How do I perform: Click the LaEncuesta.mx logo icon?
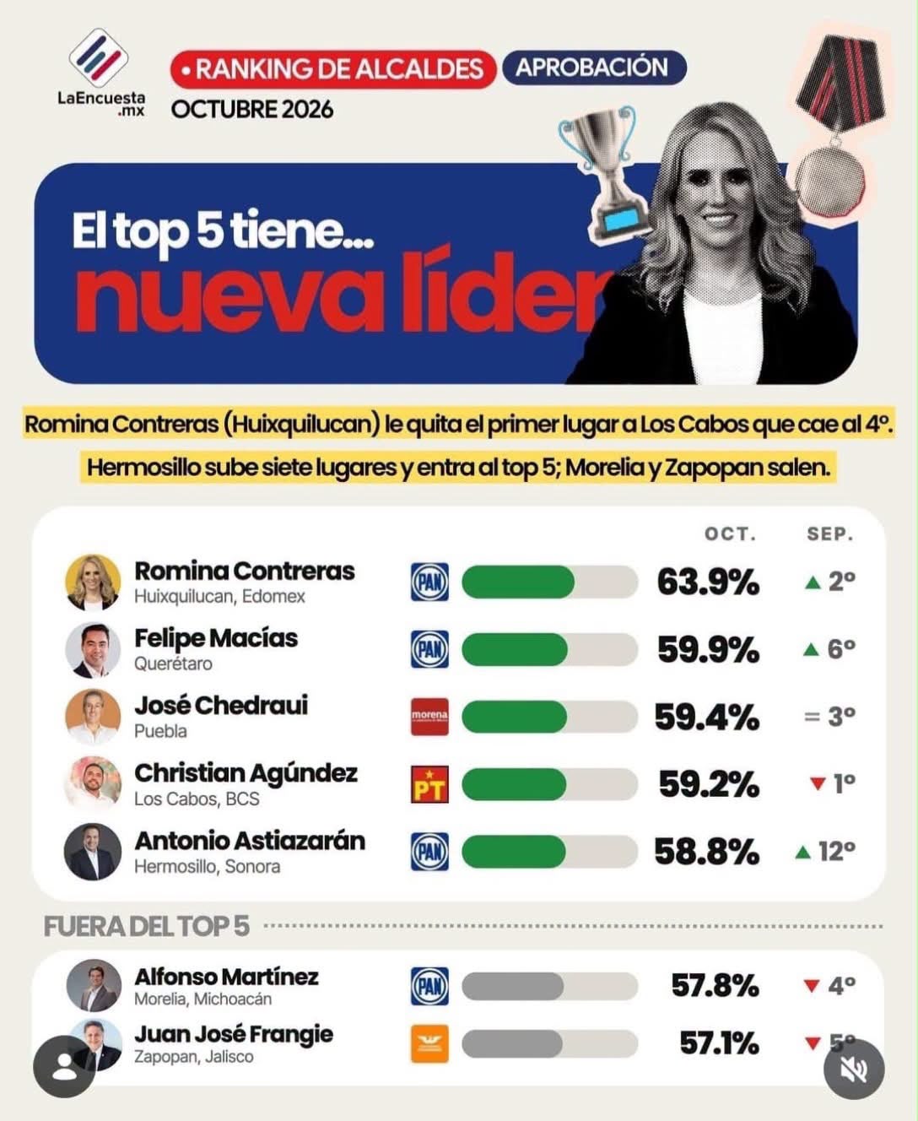pyautogui.click(x=99, y=58)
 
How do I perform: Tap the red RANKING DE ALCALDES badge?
pyautogui.click(x=332, y=69)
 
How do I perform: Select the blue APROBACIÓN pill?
pyautogui.click(x=594, y=68)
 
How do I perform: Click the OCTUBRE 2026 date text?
pyautogui.click(x=252, y=110)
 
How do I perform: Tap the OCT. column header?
pyautogui.click(x=730, y=533)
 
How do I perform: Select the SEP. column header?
pyautogui.click(x=830, y=533)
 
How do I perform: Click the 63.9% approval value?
pyautogui.click(x=708, y=582)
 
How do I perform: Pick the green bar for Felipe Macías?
pyautogui.click(x=514, y=649)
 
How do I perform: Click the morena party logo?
pyautogui.click(x=429, y=717)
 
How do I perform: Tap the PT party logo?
pyautogui.click(x=429, y=784)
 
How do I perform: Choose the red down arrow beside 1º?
pyautogui.click(x=818, y=783)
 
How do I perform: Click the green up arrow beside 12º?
pyautogui.click(x=803, y=853)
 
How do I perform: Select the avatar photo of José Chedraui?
pyautogui.click(x=93, y=717)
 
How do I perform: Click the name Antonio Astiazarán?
pyautogui.click(x=250, y=842)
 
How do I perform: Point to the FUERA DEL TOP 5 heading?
pyautogui.click(x=146, y=927)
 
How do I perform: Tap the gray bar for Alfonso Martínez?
pyautogui.click(x=512, y=987)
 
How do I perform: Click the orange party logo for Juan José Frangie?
pyautogui.click(x=429, y=1044)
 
